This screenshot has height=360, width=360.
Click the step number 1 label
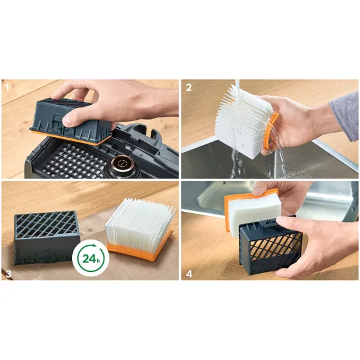[x=7, y=87]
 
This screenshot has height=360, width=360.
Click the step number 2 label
[x=189, y=88]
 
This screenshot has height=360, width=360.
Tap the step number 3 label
[x=8, y=274]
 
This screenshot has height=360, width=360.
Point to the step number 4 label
[x=189, y=274]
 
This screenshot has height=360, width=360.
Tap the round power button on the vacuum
[x=122, y=164]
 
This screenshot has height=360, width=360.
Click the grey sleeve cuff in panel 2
[x=345, y=115]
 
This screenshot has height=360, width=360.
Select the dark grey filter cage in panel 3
[x=47, y=238]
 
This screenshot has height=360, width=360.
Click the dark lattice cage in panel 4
[x=270, y=245]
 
